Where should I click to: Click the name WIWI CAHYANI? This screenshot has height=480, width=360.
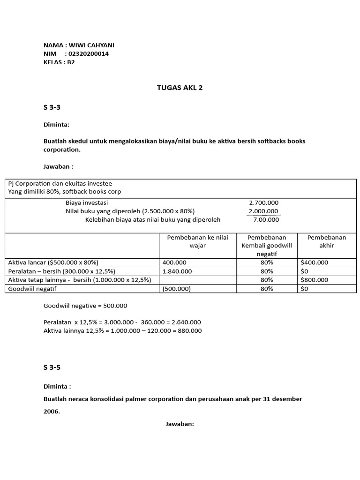[91, 45]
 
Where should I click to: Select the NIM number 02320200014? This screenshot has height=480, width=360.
[89, 53]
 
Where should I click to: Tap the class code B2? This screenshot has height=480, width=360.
[71, 62]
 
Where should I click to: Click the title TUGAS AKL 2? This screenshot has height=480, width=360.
[180, 88]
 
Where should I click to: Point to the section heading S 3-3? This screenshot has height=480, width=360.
[52, 107]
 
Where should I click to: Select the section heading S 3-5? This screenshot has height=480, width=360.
[52, 367]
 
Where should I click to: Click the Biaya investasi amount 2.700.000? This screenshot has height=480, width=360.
[263, 202]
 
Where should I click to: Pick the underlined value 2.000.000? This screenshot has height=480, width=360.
[263, 211]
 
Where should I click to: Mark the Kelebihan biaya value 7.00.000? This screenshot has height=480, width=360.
[266, 219]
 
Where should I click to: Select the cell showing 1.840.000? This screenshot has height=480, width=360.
[177, 271]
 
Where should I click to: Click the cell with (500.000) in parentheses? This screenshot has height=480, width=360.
[177, 289]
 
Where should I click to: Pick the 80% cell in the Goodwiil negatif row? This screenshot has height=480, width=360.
[267, 289]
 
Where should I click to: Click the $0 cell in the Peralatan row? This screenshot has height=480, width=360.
[305, 271]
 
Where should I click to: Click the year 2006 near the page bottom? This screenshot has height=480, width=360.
[52, 411]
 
